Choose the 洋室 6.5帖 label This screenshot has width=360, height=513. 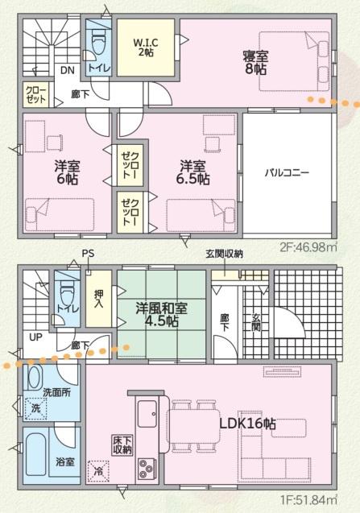pos(194,172)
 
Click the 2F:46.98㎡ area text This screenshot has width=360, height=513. pos(308,247)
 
